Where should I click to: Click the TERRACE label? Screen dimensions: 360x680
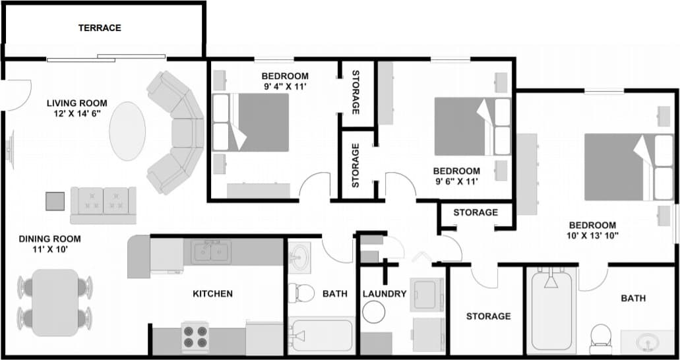[100, 28]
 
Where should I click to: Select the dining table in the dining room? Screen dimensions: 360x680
[55, 301]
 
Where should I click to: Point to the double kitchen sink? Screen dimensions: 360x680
[211, 251]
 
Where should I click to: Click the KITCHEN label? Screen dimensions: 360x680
[212, 293]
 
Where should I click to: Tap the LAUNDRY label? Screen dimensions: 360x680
[385, 293]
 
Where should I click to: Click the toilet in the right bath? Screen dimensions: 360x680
[601, 336]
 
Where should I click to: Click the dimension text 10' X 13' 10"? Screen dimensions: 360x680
[592, 235]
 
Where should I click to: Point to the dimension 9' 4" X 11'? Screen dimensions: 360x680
[285, 86]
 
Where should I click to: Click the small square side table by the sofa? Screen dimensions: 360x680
[55, 200]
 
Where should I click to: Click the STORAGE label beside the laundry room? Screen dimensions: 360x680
[488, 316]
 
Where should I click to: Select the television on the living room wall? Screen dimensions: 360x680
[10, 149]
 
